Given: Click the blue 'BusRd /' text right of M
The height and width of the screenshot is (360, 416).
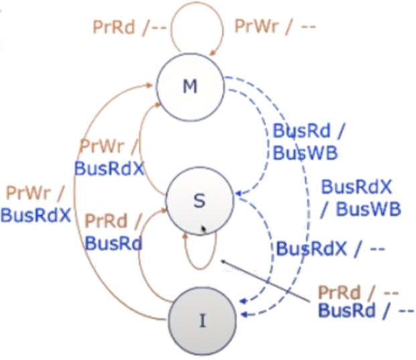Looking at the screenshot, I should (301, 131).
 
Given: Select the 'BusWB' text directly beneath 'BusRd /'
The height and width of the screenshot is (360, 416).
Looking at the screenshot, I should (304, 152).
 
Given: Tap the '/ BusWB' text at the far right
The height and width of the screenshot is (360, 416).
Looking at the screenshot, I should (360, 208).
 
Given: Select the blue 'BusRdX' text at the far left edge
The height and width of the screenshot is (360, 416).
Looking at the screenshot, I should (36, 215).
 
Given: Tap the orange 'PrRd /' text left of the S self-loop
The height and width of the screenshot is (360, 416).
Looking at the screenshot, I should (114, 222).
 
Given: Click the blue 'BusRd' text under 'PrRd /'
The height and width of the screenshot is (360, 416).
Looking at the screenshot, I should (114, 243).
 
